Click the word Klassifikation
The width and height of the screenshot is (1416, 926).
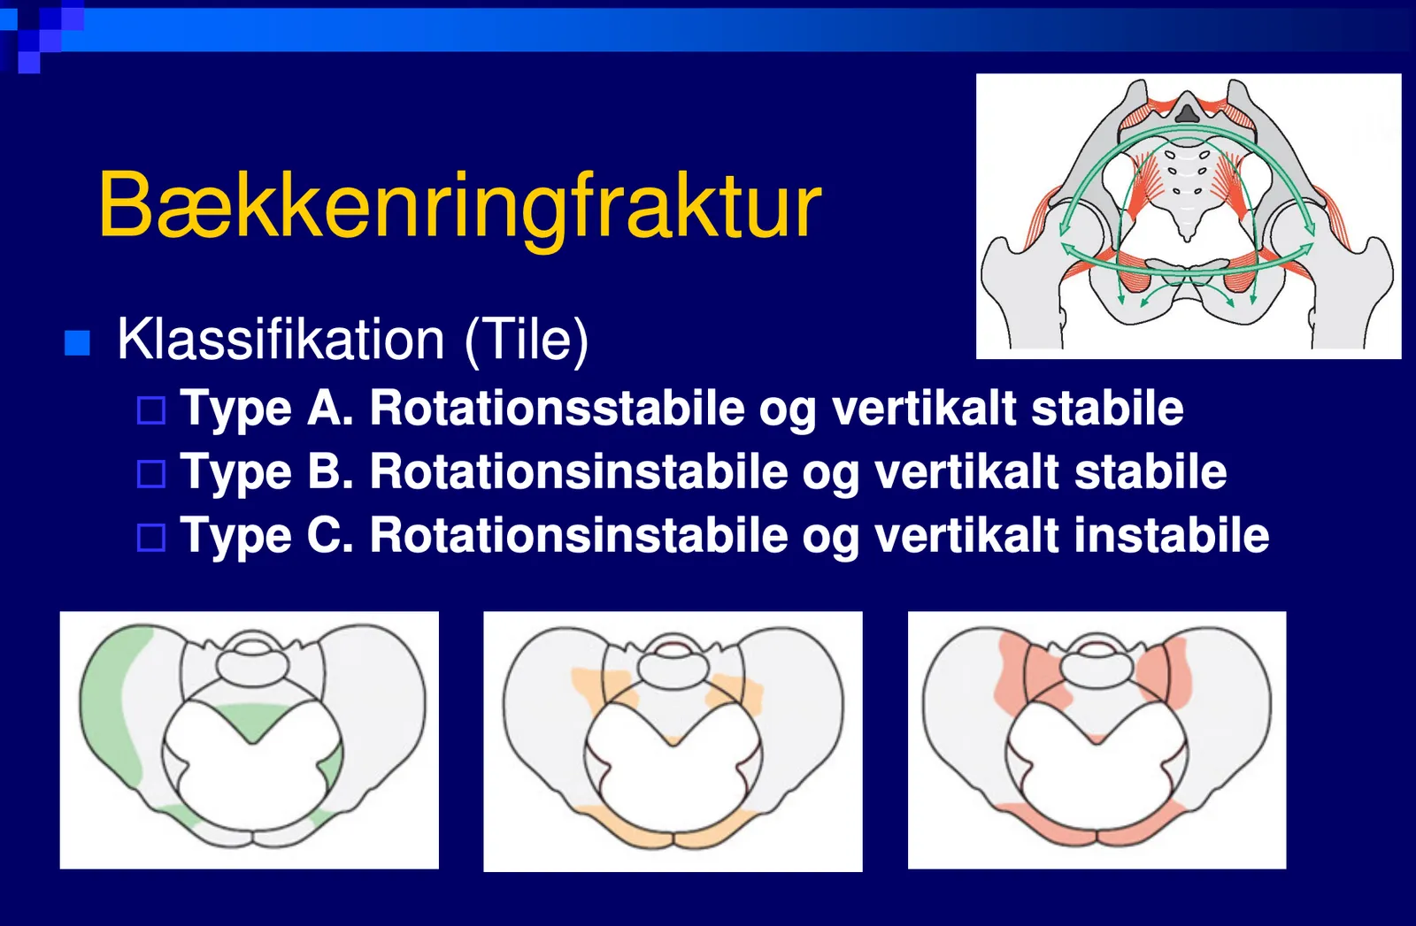pos(281,340)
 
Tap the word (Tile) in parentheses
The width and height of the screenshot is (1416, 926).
pos(527,341)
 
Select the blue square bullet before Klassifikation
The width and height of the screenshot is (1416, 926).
pos(77,343)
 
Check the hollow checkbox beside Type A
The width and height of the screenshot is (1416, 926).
pos(151,410)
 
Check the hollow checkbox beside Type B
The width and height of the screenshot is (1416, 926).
pos(151,474)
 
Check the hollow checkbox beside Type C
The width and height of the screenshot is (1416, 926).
pos(151,538)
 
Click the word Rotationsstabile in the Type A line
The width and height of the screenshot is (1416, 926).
pos(558,408)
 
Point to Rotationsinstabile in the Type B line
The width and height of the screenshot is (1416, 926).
pos(579,471)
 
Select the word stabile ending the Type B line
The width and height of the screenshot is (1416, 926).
pos(1150,471)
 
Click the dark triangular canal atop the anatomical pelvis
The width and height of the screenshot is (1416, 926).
pos(1187,114)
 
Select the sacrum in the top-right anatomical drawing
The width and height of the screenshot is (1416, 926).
pos(1187,189)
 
